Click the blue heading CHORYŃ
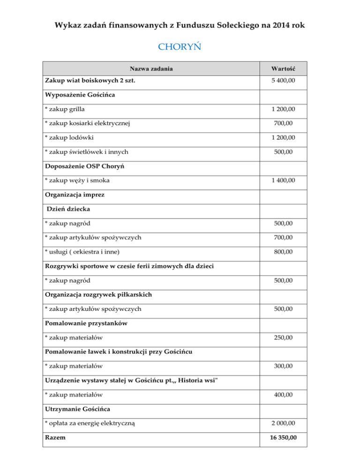pyautogui.click(x=180, y=47)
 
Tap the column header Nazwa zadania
pyautogui.click(x=151, y=69)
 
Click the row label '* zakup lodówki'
pyautogui.click(x=68, y=138)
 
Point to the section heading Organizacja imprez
pyautogui.click(x=75, y=195)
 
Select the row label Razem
pyautogui.click(x=55, y=438)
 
